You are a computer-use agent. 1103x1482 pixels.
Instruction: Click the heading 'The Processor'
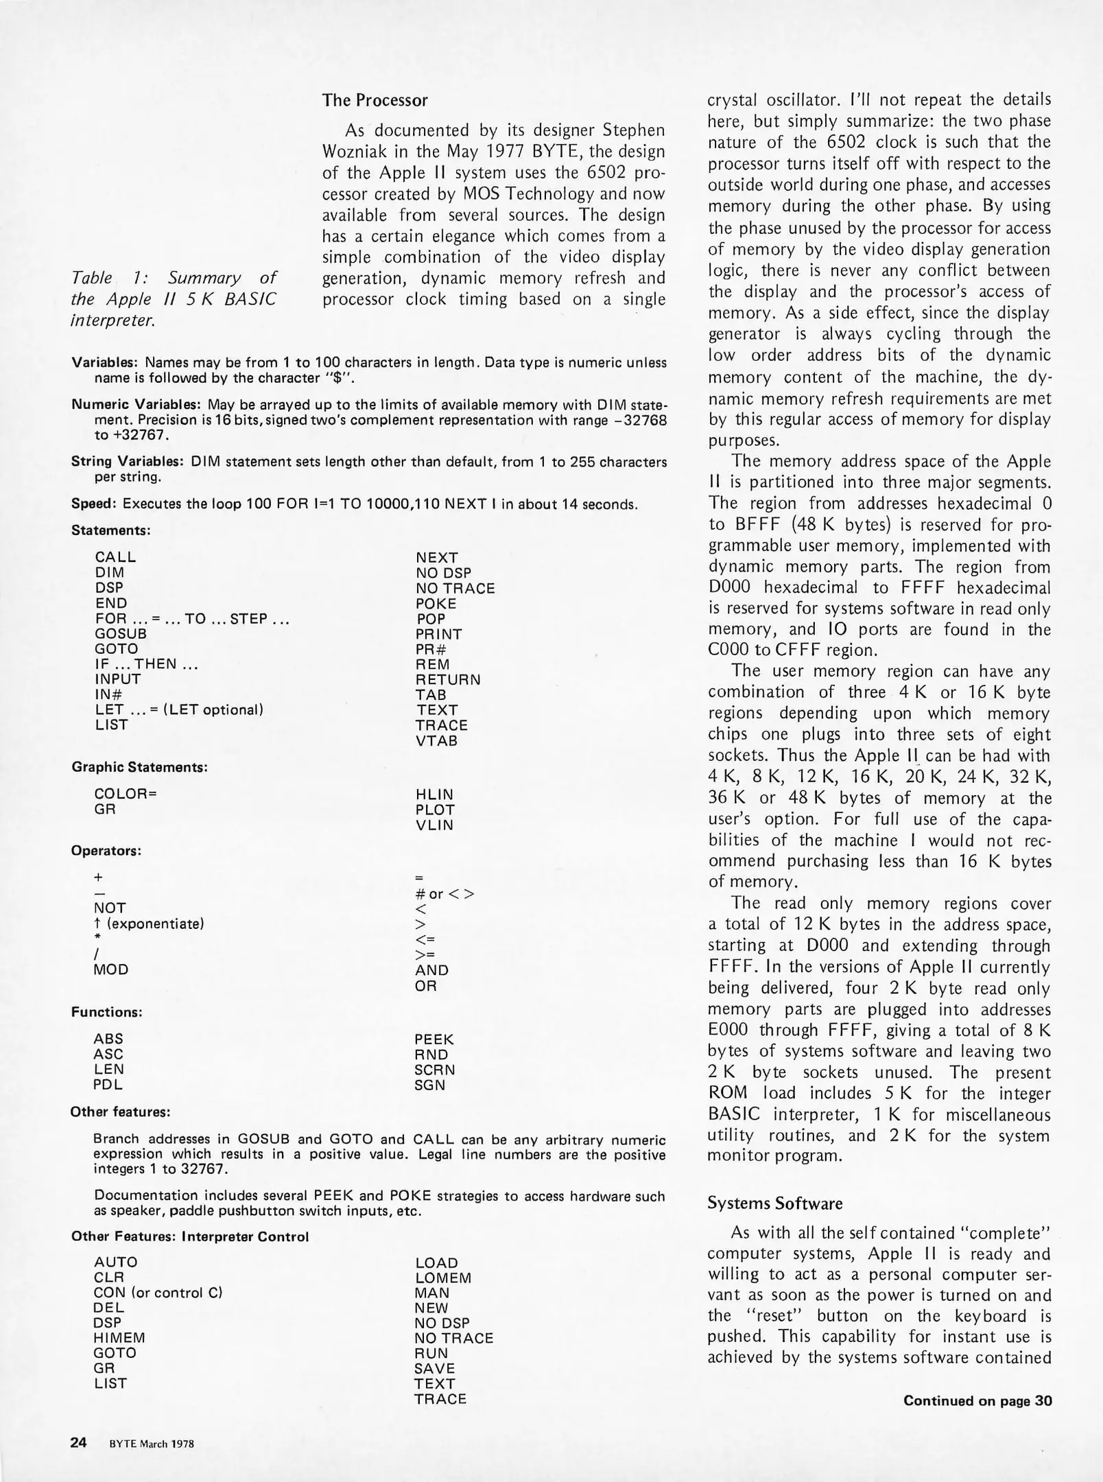coord(375,100)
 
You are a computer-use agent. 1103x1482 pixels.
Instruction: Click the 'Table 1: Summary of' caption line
coord(174,278)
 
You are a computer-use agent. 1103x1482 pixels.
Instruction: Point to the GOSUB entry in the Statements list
coord(121,634)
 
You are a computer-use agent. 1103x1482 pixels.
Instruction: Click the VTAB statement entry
coord(436,741)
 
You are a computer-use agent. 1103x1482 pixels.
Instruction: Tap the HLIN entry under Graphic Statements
coord(434,795)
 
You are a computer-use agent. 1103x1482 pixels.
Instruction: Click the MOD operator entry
coord(111,969)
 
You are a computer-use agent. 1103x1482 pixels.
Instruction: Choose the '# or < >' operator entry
coord(444,894)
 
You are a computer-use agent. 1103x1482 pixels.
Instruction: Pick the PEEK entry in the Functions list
coord(434,1039)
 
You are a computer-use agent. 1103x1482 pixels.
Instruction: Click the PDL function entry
coord(108,1085)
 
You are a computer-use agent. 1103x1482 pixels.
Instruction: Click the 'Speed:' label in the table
coord(95,504)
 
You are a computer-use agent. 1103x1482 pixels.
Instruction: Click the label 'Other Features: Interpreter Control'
coord(190,1236)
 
